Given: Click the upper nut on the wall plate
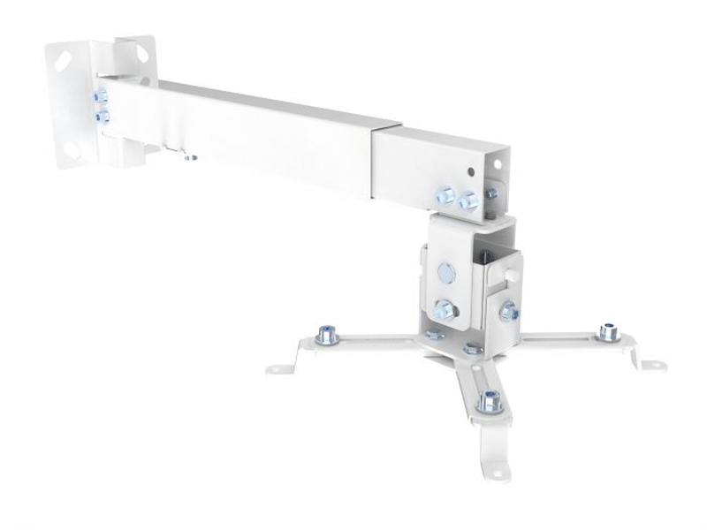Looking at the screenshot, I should point(100,95).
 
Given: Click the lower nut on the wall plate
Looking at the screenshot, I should point(102,116).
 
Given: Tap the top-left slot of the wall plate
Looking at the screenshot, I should point(64,62).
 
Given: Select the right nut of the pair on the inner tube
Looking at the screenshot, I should point(468,201).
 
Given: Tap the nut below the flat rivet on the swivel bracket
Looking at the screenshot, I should point(444,309).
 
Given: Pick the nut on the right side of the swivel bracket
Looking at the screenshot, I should point(509,311).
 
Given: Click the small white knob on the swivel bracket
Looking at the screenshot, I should point(511,276).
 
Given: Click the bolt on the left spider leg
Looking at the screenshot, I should point(327,334).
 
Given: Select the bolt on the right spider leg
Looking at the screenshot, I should point(607,332).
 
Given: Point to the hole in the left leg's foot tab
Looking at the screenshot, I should point(280,368).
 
